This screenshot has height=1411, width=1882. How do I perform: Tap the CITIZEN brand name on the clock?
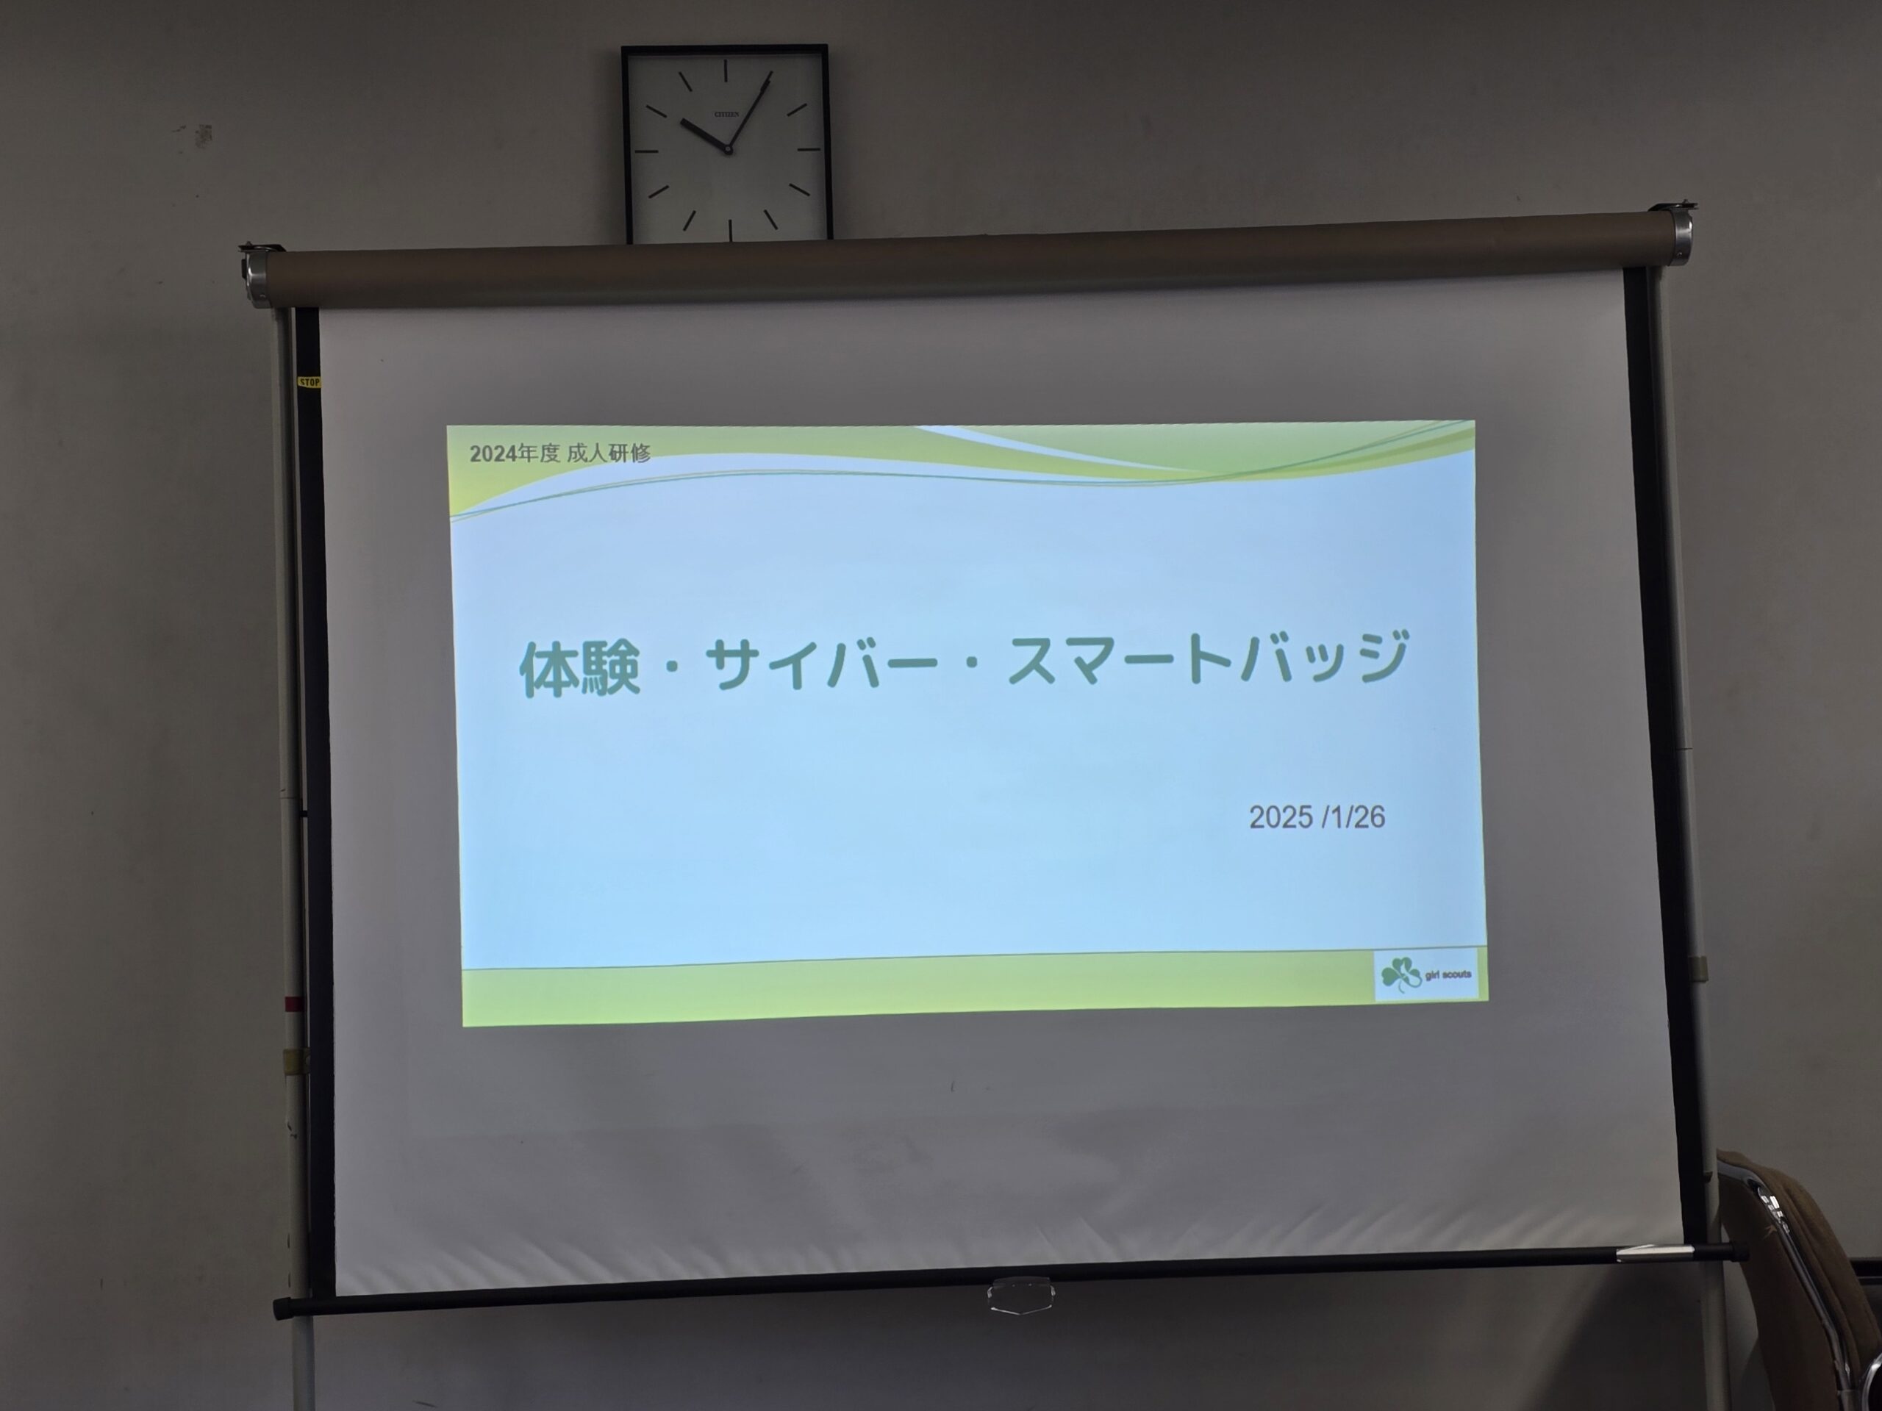click(x=726, y=114)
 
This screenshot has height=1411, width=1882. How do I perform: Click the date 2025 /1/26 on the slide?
click(x=1316, y=816)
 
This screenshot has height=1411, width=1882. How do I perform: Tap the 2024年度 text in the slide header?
click(x=514, y=453)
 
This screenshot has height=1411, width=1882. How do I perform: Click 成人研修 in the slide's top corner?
click(x=607, y=453)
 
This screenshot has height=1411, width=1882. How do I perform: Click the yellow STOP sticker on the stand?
click(x=309, y=383)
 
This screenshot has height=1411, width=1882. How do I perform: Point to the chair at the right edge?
click(x=1804, y=1276)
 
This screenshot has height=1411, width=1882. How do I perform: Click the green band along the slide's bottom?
click(x=919, y=994)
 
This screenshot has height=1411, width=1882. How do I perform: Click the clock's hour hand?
click(x=704, y=134)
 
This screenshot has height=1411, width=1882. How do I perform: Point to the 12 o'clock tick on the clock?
click(x=726, y=70)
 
